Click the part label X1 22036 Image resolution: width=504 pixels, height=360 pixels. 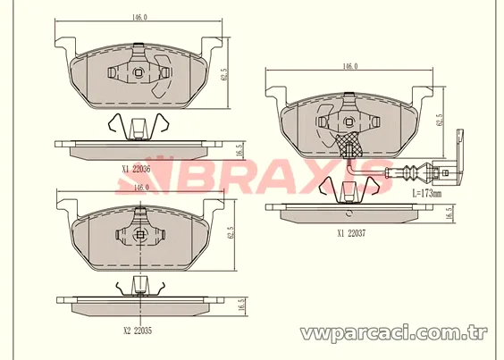click(136, 170)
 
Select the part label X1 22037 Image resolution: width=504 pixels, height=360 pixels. click(351, 234)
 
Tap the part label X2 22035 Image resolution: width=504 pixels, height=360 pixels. click(138, 331)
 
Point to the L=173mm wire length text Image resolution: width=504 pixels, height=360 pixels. click(427, 194)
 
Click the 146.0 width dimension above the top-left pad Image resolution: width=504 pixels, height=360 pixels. click(139, 17)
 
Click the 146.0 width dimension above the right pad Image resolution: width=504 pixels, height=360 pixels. click(350, 66)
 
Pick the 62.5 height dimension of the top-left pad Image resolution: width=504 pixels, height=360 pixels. click(224, 73)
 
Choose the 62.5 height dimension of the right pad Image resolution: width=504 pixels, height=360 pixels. click(441, 120)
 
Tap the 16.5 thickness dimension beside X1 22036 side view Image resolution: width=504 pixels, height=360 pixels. click(239, 150)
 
